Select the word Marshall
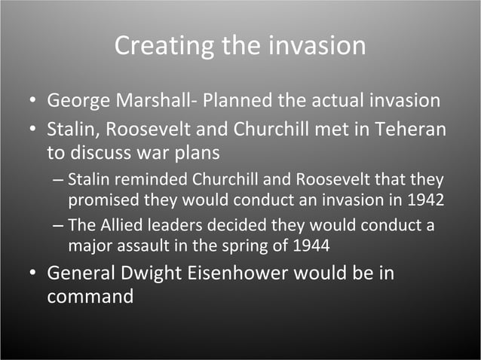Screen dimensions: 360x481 point(155,100)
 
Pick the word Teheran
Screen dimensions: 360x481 point(413,129)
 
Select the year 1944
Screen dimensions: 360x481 point(311,246)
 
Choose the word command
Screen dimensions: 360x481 point(90,296)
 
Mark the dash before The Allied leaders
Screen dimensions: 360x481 point(59,226)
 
